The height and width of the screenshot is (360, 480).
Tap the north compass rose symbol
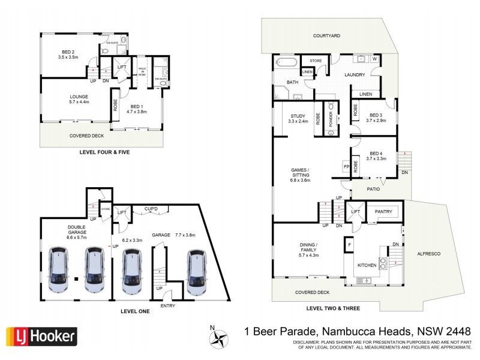(x=220, y=337)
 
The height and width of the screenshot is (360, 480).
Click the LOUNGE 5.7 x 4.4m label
(x=79, y=99)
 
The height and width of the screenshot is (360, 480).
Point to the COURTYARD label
(x=326, y=36)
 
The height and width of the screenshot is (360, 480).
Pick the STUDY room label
(x=298, y=117)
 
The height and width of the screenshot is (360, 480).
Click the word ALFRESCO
(x=428, y=254)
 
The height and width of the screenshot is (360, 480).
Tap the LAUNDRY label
(x=355, y=74)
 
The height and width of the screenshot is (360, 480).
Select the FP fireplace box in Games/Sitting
(x=346, y=166)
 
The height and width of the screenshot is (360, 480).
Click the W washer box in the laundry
(x=374, y=59)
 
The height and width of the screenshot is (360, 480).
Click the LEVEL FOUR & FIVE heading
(x=104, y=152)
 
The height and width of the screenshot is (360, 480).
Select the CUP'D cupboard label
(x=151, y=209)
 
